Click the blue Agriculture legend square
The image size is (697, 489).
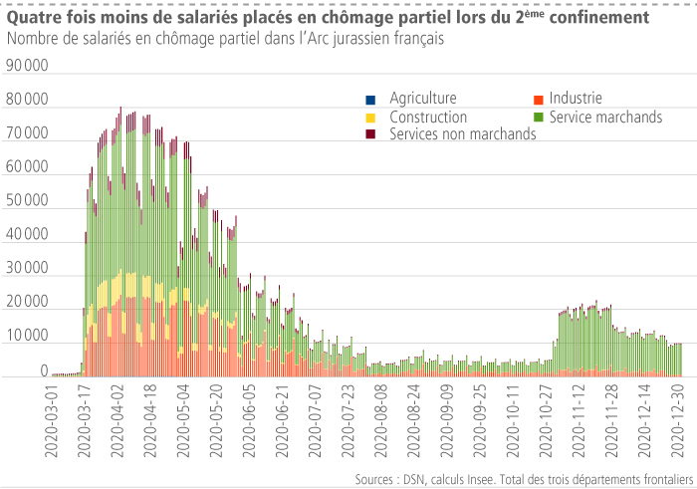371,100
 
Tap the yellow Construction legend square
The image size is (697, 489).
371,118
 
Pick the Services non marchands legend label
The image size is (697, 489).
463,133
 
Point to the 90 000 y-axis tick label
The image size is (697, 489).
27,66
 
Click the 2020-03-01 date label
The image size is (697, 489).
53,419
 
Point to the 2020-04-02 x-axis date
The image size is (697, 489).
117,419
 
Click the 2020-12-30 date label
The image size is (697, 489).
676,419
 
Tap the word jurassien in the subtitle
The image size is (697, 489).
356,38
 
